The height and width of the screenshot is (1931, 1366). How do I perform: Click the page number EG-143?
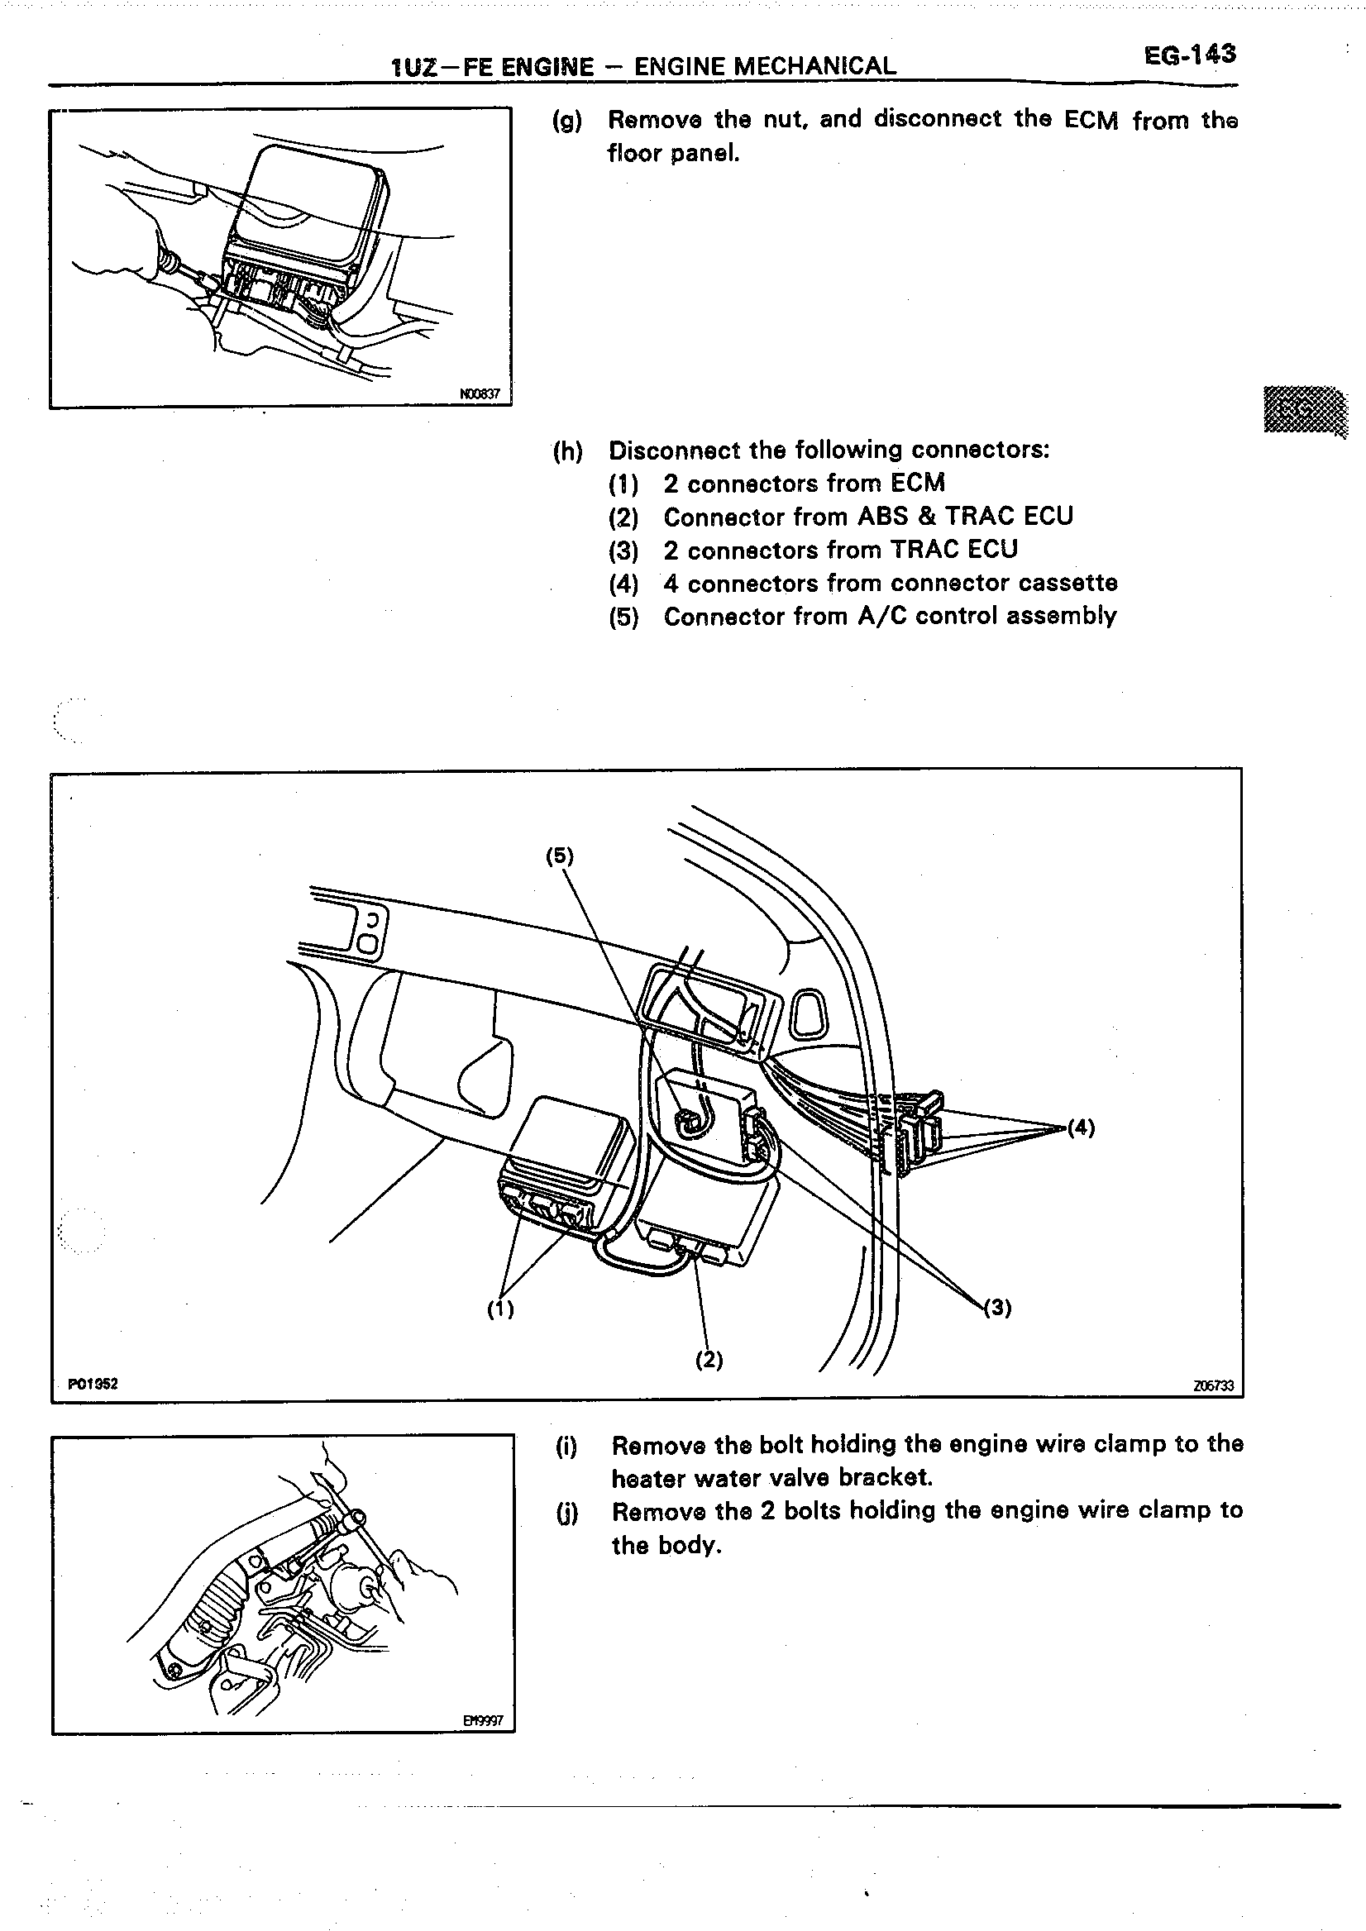tap(1189, 55)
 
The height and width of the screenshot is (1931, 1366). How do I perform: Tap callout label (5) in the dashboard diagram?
tap(559, 856)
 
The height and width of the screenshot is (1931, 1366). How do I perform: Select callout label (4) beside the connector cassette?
tap(1081, 1128)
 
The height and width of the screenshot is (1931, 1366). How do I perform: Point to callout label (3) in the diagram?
tap(997, 1307)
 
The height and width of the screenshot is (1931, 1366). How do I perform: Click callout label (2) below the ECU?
tap(709, 1359)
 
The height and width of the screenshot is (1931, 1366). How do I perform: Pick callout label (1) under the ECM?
tap(500, 1309)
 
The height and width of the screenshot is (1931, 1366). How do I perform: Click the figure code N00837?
tap(480, 393)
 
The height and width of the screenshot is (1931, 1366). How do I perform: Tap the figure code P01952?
tap(93, 1384)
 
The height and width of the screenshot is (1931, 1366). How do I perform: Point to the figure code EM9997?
tap(483, 1721)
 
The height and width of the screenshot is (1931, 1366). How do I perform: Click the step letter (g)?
tap(567, 122)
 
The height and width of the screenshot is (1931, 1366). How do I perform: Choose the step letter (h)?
tap(568, 451)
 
